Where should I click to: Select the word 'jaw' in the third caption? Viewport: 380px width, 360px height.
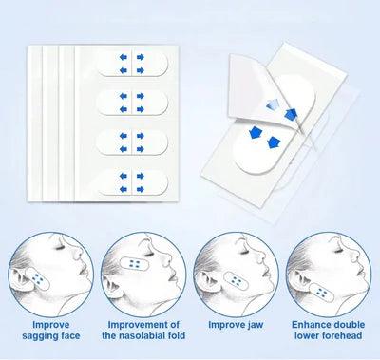256,325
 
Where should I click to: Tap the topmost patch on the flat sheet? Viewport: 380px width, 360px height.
132,64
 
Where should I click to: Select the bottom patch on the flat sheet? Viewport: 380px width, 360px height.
132,182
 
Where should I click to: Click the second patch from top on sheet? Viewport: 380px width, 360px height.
132,103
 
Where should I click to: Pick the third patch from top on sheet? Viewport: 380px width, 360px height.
132,142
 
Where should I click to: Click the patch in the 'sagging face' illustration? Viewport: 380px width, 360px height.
38,278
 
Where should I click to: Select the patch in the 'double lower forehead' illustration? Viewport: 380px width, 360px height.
322,293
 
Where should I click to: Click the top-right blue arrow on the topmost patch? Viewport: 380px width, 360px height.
141,57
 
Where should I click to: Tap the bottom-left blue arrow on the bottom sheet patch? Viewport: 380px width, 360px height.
123,189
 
